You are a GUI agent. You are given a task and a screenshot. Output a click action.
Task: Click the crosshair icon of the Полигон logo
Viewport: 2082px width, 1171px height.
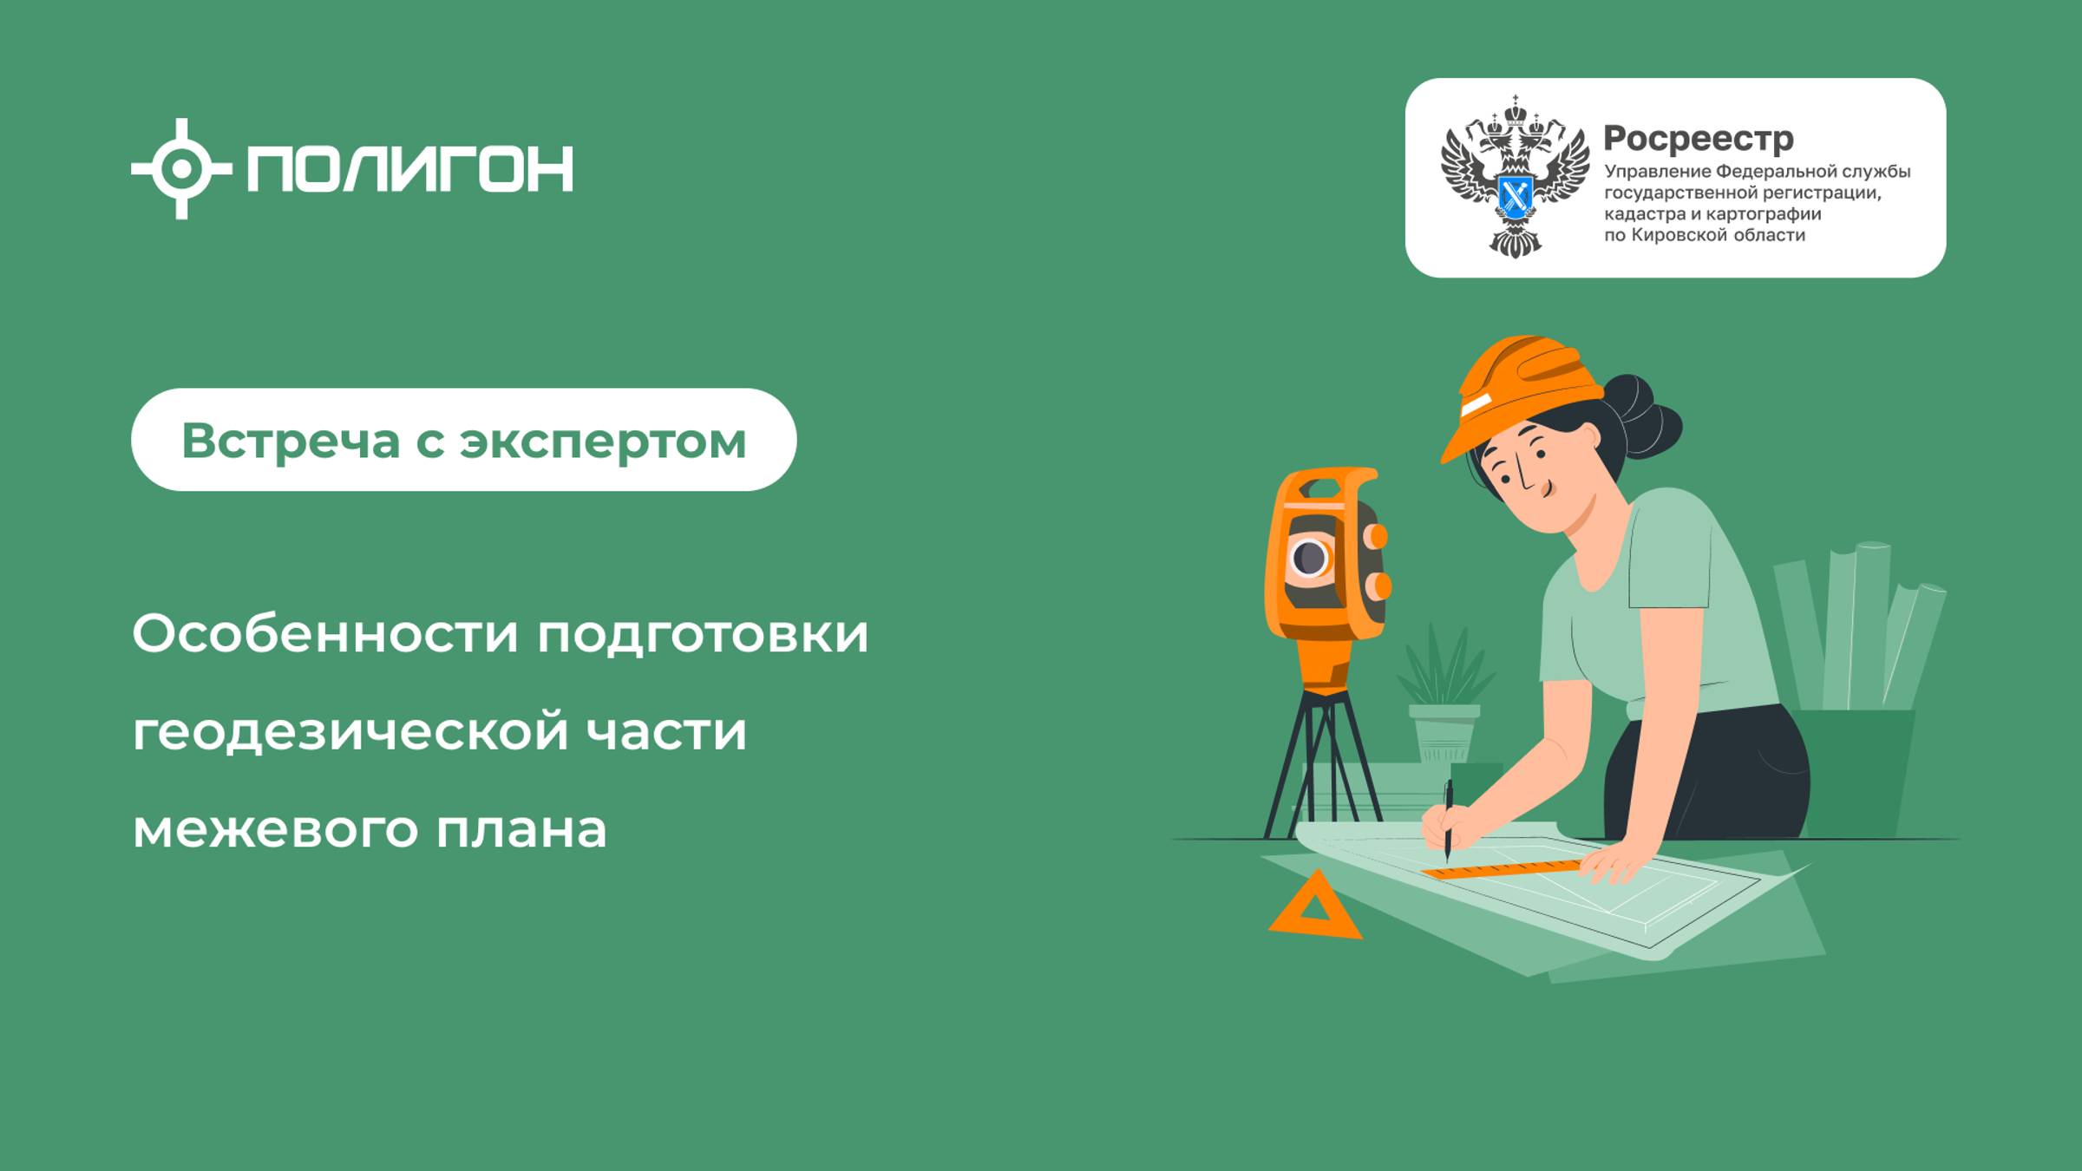[180, 168]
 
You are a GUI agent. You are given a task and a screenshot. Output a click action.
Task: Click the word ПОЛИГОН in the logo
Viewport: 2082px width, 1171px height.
[409, 168]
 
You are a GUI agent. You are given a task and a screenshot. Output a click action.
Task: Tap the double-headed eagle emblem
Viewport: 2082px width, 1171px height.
[1515, 177]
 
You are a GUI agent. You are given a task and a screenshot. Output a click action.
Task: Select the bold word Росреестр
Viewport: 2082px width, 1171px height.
[1698, 138]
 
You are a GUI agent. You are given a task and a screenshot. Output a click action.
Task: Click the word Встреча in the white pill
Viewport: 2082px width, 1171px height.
[291, 441]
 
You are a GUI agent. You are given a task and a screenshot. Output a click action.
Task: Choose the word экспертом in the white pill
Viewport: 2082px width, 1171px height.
[602, 442]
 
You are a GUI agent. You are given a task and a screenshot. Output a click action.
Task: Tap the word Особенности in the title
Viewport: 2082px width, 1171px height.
[325, 634]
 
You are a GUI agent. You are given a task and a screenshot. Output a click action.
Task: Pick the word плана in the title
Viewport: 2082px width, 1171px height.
[520, 830]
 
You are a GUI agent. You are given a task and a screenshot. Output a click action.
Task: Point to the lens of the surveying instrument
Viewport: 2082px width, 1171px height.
[1310, 557]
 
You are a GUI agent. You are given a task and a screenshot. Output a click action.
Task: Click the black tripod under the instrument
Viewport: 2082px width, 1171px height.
[1323, 763]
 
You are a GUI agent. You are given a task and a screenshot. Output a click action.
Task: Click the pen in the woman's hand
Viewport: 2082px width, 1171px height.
[1448, 820]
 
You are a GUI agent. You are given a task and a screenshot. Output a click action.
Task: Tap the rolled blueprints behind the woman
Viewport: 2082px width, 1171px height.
[1856, 625]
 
